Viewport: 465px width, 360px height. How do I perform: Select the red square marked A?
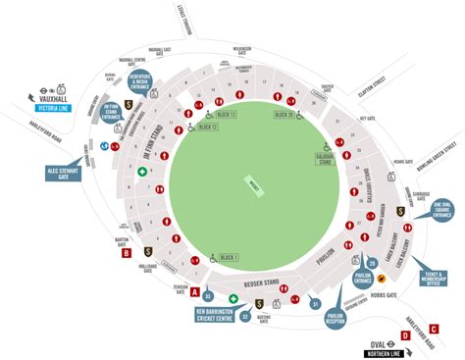pyautogui.click(x=194, y=291)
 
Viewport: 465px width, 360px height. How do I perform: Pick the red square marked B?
pyautogui.click(x=126, y=254)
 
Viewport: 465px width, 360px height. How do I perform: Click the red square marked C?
pyautogui.click(x=433, y=330)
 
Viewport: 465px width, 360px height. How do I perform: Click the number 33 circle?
pyautogui.click(x=207, y=295)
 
